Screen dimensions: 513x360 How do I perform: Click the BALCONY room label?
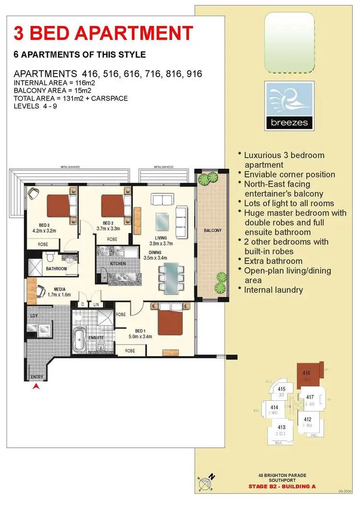click(213, 230)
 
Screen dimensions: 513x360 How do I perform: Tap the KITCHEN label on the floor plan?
click(118, 263)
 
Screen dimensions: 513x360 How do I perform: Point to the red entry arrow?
click(35, 386)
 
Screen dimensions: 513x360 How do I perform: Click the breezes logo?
click(289, 106)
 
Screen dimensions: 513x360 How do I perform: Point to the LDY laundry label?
click(34, 315)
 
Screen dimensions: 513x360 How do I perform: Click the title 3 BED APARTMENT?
click(104, 33)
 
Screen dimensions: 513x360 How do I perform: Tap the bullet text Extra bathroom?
click(273, 261)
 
